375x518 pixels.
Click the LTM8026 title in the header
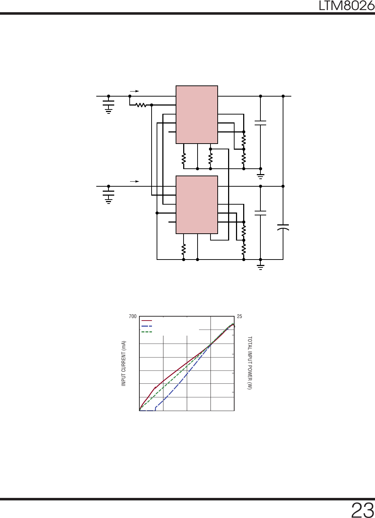pyautogui.click(x=346, y=6)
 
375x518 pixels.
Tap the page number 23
pyautogui.click(x=362, y=510)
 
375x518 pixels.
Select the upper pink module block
pyautogui.click(x=197, y=115)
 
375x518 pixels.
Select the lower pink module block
pyautogui.click(x=197, y=205)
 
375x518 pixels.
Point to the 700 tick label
pyautogui.click(x=133, y=316)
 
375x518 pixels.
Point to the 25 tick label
pyautogui.click(x=240, y=316)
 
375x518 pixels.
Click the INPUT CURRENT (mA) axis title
pyautogui.click(x=124, y=363)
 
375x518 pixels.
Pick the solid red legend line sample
pyautogui.click(x=147, y=321)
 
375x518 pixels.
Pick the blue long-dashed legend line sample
pyautogui.click(x=147, y=326)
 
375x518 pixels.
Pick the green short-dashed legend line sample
pyautogui.click(x=147, y=332)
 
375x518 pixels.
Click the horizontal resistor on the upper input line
pyautogui.click(x=141, y=105)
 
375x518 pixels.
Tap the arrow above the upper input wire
pyautogui.click(x=134, y=91)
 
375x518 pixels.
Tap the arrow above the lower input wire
pyautogui.click(x=134, y=181)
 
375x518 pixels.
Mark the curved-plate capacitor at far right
pyautogui.click(x=283, y=227)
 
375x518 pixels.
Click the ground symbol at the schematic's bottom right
pyautogui.click(x=260, y=267)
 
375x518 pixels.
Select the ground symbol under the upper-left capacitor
pyautogui.click(x=108, y=111)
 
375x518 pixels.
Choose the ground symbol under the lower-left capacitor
pyautogui.click(x=108, y=201)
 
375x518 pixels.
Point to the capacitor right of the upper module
pyautogui.click(x=260, y=123)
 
